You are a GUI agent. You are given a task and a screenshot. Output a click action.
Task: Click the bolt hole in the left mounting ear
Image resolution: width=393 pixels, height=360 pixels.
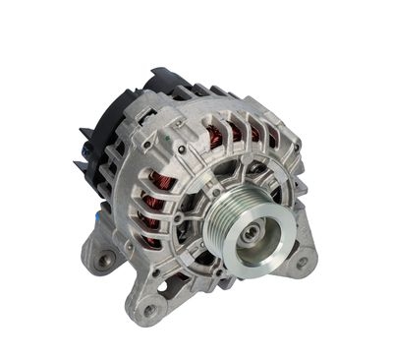coord(105,260)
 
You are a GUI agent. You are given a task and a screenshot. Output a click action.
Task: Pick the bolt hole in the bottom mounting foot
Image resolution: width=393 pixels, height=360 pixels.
coord(150,310)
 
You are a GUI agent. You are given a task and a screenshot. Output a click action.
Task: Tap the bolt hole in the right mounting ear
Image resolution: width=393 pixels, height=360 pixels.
coord(302,263)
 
